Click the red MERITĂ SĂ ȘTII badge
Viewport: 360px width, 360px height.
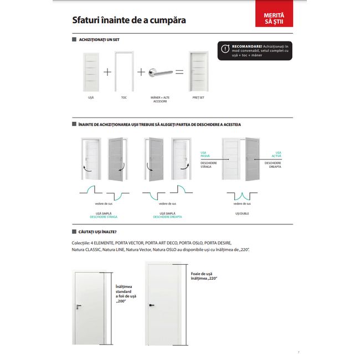(274, 17)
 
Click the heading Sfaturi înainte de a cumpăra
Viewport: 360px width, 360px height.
(129, 20)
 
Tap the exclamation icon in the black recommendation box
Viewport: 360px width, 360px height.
(224, 48)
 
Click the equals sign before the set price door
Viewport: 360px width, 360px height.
(179, 72)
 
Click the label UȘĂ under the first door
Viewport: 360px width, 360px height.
(91, 97)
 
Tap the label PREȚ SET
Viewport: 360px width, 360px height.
(198, 97)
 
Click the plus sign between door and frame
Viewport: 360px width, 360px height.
(107, 72)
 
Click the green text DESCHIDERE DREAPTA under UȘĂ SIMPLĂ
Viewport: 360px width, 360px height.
(167, 217)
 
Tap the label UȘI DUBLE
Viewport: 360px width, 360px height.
(241, 213)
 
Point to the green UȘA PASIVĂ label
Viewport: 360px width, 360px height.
(208, 155)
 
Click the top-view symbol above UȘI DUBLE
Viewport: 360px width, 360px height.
(241, 195)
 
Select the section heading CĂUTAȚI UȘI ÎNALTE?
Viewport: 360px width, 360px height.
(97, 232)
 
